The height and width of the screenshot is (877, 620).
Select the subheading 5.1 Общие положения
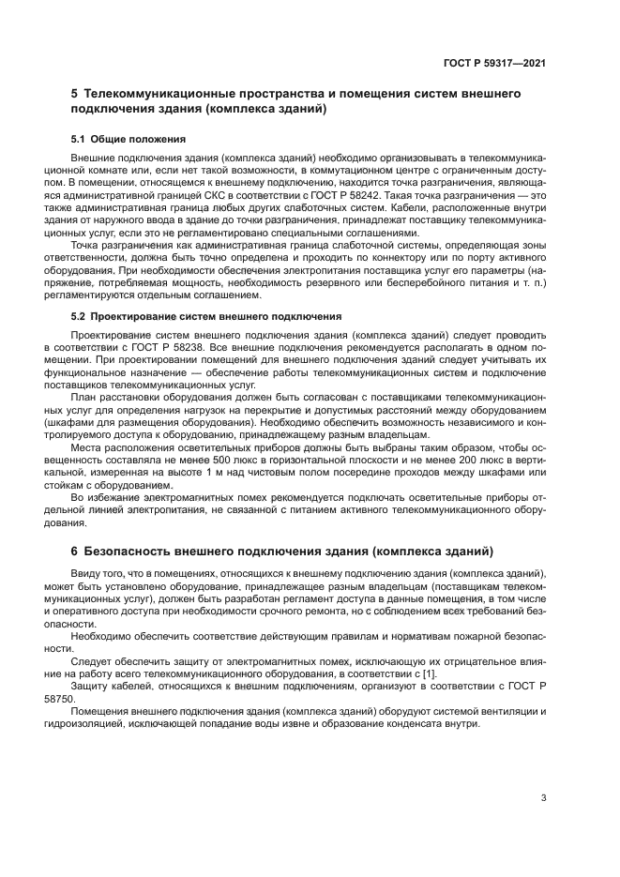point(119,139)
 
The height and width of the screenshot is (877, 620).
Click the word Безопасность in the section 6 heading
point(134,550)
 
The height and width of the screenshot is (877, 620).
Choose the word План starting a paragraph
point(83,397)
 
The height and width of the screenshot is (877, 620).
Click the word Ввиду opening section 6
point(86,572)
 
